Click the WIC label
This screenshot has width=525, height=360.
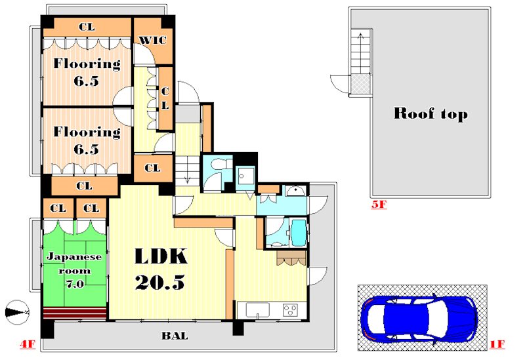tap(152, 40)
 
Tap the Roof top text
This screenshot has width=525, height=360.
tap(430, 113)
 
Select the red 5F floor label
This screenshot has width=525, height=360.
tap(379, 204)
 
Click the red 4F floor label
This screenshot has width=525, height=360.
tap(28, 344)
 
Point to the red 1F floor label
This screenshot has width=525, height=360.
tap(497, 344)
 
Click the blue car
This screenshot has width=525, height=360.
tap(419, 318)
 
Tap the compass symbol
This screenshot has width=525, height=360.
tap(17, 312)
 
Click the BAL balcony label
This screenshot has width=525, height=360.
tap(175, 336)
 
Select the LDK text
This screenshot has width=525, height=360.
tap(161, 256)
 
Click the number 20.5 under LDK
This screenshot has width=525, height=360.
tap(160, 283)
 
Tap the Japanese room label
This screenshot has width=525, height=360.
tap(74, 270)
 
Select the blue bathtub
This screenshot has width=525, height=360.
tap(299, 233)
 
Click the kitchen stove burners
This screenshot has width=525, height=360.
tap(290, 310)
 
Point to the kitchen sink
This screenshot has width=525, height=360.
tap(258, 310)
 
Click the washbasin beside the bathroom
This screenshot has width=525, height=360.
tap(295, 191)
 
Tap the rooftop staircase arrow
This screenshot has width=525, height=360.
tap(360, 54)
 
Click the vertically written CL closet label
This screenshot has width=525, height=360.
tap(165, 98)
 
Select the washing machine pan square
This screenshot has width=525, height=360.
tap(245, 175)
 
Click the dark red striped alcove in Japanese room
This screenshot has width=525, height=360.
tap(75, 313)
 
